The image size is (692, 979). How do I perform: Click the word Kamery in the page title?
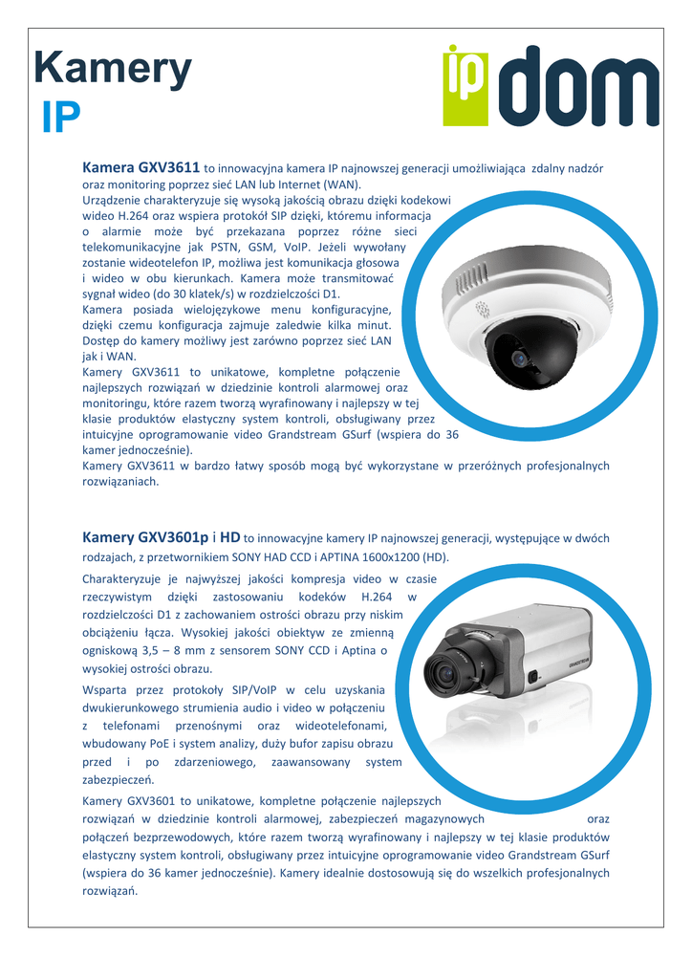pyautogui.click(x=113, y=70)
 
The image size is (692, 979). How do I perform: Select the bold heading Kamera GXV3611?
pyautogui.click(x=141, y=167)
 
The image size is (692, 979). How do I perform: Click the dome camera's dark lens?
pyautogui.click(x=519, y=359)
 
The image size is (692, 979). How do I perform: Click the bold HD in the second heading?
pyautogui.click(x=229, y=538)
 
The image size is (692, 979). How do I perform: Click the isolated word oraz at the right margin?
pyautogui.click(x=597, y=818)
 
